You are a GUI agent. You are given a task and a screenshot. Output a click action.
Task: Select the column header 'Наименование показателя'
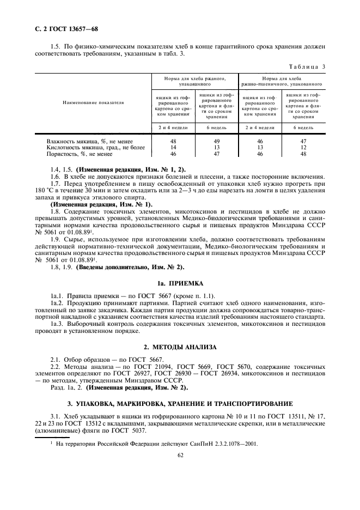(93, 102)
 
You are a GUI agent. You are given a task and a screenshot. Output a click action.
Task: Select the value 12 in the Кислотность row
(303, 147)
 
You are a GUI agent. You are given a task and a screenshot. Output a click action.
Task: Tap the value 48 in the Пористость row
(303, 154)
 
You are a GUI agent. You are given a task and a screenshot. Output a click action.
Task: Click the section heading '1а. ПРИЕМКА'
(179, 283)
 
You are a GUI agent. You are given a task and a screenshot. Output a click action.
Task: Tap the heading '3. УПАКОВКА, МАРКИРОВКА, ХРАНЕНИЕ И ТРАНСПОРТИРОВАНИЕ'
(180, 403)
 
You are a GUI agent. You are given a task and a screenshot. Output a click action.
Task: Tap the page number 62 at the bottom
(179, 459)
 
